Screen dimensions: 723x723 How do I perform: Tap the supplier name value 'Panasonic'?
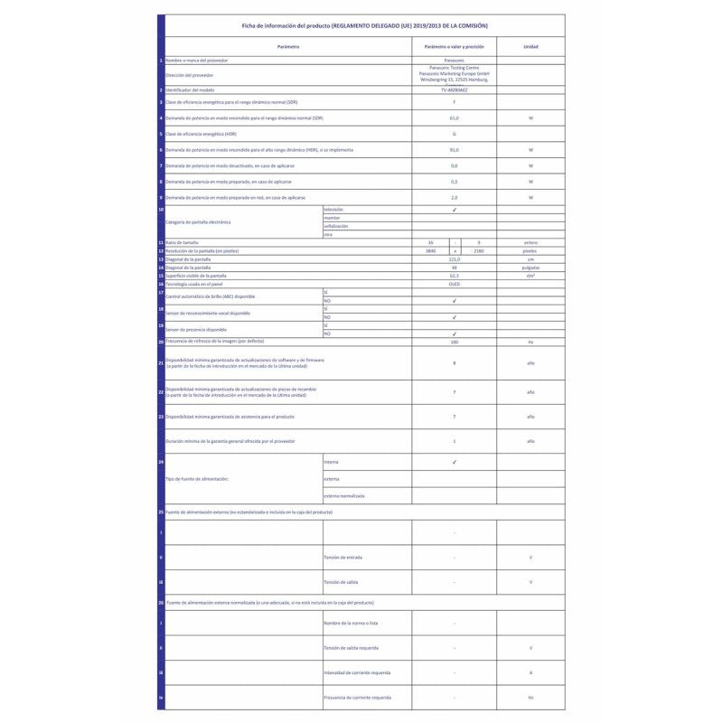454,61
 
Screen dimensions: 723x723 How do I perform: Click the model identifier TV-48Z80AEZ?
454,90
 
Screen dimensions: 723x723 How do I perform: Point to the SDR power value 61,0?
454,118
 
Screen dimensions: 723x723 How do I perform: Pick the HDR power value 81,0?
454,149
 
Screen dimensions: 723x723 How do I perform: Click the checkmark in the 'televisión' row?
454,210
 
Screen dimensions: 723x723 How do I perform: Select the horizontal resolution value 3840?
431,250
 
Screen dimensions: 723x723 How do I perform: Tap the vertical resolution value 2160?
478,250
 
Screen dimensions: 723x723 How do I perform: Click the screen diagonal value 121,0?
454,258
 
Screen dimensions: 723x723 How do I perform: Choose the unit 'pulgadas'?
531,267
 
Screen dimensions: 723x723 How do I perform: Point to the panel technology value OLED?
454,283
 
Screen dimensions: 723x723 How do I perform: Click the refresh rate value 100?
454,343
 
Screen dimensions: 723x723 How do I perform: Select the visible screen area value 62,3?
454,275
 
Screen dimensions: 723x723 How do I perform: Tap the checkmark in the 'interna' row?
454,462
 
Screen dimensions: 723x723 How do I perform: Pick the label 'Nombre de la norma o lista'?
350,624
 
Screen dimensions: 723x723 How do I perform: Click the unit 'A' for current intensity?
531,673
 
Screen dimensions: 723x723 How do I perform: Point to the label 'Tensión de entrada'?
343,557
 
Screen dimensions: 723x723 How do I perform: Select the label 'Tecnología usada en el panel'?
192,283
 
